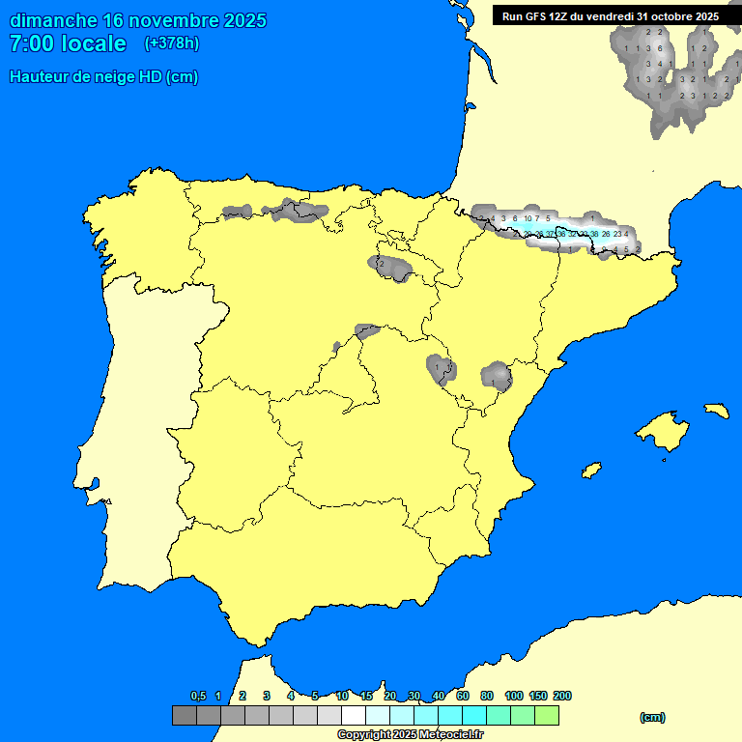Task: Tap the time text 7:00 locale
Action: (x=68, y=43)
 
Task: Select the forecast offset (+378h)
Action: (x=171, y=43)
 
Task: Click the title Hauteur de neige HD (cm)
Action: (x=103, y=77)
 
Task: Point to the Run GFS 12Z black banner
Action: (x=610, y=16)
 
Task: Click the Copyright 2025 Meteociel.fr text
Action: (x=410, y=734)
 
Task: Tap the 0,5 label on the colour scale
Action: (x=199, y=697)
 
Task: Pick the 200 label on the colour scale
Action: (x=561, y=697)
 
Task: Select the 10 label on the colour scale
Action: (x=342, y=697)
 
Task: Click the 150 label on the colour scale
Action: (x=538, y=697)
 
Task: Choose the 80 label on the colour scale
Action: (x=487, y=697)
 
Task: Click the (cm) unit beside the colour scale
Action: (x=652, y=717)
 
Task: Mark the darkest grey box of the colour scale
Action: (x=184, y=716)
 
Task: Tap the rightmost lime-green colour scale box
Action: (x=547, y=716)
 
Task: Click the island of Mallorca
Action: (x=663, y=428)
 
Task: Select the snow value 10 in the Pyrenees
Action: (x=528, y=219)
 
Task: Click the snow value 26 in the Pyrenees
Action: (x=606, y=234)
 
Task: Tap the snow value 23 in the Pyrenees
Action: (x=617, y=234)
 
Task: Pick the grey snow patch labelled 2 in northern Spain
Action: (x=382, y=264)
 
